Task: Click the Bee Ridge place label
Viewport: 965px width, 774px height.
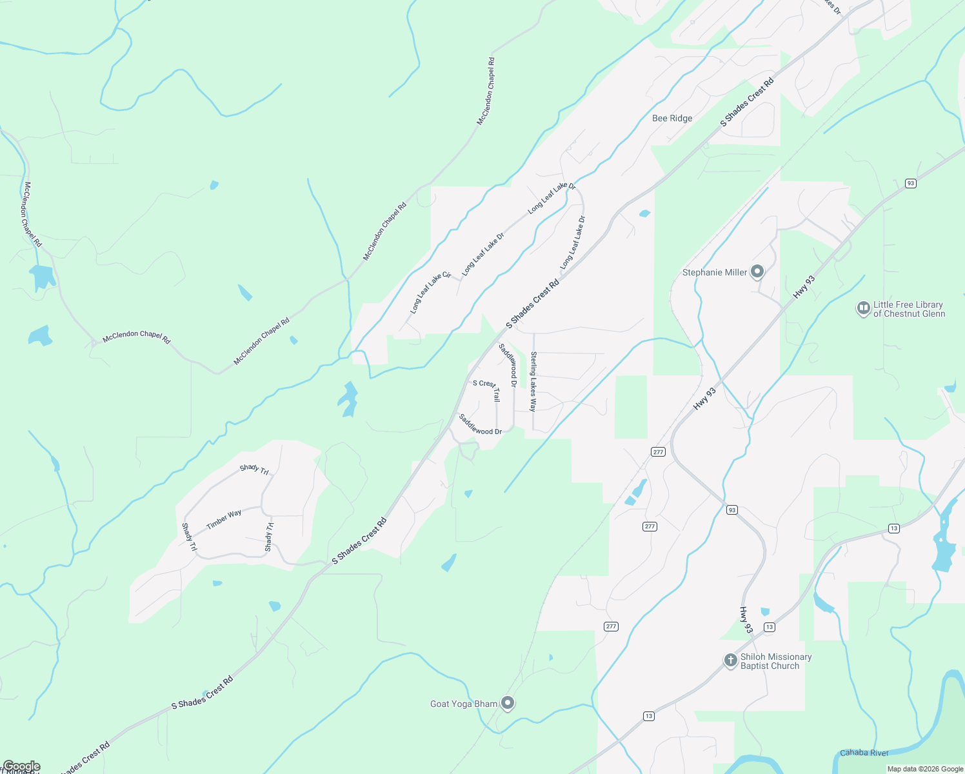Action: (672, 118)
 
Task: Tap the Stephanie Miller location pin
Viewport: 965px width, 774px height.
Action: (757, 272)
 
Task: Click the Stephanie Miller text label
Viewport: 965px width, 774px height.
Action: (715, 273)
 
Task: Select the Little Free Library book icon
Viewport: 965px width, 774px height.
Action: (863, 308)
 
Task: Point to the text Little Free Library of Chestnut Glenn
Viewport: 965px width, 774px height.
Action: (909, 310)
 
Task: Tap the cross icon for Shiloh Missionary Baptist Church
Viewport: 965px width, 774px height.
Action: (730, 660)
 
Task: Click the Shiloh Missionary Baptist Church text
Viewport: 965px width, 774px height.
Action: (776, 662)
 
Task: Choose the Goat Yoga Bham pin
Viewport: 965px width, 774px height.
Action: (508, 703)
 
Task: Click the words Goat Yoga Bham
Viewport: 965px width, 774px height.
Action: (464, 704)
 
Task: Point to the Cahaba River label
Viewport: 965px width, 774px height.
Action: (864, 753)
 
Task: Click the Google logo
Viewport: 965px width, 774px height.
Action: (21, 766)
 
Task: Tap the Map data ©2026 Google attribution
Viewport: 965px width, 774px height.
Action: (925, 769)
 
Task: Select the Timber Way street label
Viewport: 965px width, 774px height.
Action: (224, 520)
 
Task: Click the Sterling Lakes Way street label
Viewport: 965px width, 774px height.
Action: (533, 381)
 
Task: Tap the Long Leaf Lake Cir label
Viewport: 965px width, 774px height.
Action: (430, 293)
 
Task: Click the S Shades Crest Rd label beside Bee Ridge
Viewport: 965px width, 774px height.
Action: (747, 103)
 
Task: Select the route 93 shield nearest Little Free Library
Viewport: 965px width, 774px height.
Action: (910, 183)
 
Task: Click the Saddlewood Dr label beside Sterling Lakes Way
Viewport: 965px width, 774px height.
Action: (508, 365)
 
